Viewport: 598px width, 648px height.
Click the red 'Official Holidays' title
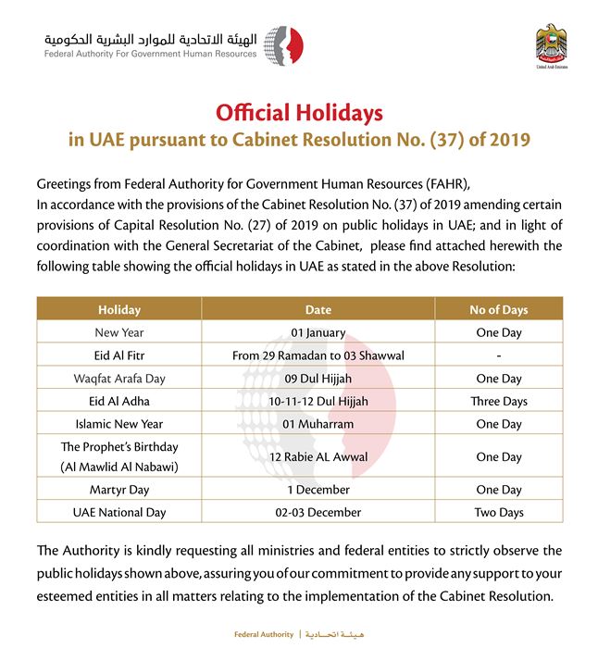tap(299, 113)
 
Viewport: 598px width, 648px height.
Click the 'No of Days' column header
tap(498, 310)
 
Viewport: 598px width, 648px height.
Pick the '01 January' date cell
tap(318, 333)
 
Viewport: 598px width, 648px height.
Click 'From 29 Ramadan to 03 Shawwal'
tap(318, 355)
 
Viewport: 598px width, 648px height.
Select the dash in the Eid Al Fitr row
tap(498, 355)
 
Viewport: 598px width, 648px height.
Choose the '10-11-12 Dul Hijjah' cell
tap(318, 401)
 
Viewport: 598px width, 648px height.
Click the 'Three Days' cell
tap(498, 401)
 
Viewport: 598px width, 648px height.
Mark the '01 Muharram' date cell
tap(318, 424)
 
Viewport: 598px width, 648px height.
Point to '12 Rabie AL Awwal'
tap(318, 457)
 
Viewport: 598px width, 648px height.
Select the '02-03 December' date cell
tap(318, 512)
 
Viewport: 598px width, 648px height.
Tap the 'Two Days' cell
tap(498, 512)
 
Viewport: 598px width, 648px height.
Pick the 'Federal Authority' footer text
tap(263, 635)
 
